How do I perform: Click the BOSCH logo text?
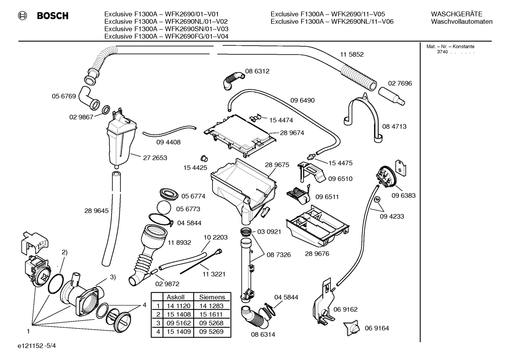[x=53, y=16]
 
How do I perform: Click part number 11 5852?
[x=352, y=54]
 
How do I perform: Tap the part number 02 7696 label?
[x=400, y=83]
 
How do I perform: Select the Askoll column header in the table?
[x=175, y=297]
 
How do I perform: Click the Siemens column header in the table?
[x=212, y=297]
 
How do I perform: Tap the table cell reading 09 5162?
[x=178, y=323]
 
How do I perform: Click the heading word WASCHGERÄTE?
[x=456, y=14]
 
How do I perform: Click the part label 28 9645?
[x=96, y=211]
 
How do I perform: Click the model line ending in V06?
[x=332, y=22]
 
